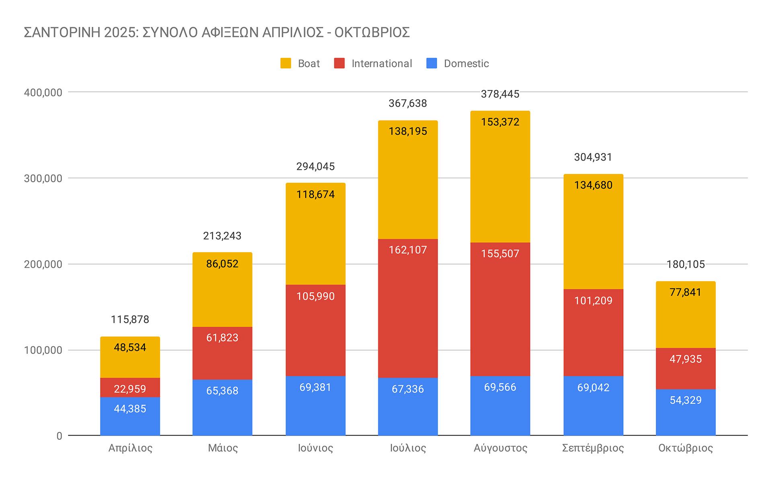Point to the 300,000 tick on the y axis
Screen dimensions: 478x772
point(43,178)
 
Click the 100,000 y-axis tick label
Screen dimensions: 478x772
point(43,350)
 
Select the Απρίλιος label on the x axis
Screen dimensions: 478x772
point(130,448)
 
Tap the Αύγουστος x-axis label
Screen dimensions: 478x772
point(500,448)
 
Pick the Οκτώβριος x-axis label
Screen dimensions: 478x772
point(686,448)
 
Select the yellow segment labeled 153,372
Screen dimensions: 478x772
point(500,177)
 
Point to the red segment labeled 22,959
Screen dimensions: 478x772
point(130,388)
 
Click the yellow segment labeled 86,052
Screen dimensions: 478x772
point(222,289)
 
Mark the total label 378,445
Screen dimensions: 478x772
point(500,94)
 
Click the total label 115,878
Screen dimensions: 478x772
point(130,320)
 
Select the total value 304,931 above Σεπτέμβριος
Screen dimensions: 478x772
point(593,157)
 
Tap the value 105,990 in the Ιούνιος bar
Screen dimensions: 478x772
point(316,296)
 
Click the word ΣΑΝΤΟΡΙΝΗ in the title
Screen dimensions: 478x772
point(62,33)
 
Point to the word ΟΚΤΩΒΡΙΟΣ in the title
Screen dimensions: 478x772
point(372,33)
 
